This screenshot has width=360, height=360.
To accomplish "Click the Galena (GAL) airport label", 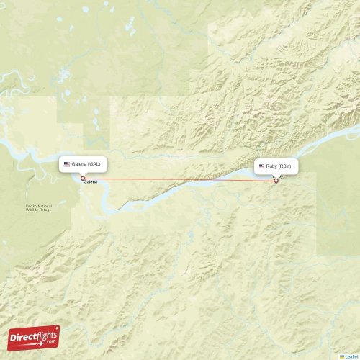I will tap(86, 164).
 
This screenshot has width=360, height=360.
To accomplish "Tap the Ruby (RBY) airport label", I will tap(276, 166).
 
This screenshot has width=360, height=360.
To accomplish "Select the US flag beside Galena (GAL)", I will tap(67, 164).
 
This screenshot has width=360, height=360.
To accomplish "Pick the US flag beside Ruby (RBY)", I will tap(261, 166).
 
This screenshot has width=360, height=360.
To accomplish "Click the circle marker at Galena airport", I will tap(83, 179).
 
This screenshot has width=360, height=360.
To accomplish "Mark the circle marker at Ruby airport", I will tap(276, 181).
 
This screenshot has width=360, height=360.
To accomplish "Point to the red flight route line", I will tap(180, 179).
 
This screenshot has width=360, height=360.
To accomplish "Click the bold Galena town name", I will tap(91, 182).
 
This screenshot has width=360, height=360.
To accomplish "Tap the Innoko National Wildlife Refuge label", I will tap(38, 207).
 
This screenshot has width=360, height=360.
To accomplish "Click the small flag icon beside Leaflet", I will tap(342, 356).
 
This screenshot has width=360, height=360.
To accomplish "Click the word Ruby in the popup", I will tap(271, 166).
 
